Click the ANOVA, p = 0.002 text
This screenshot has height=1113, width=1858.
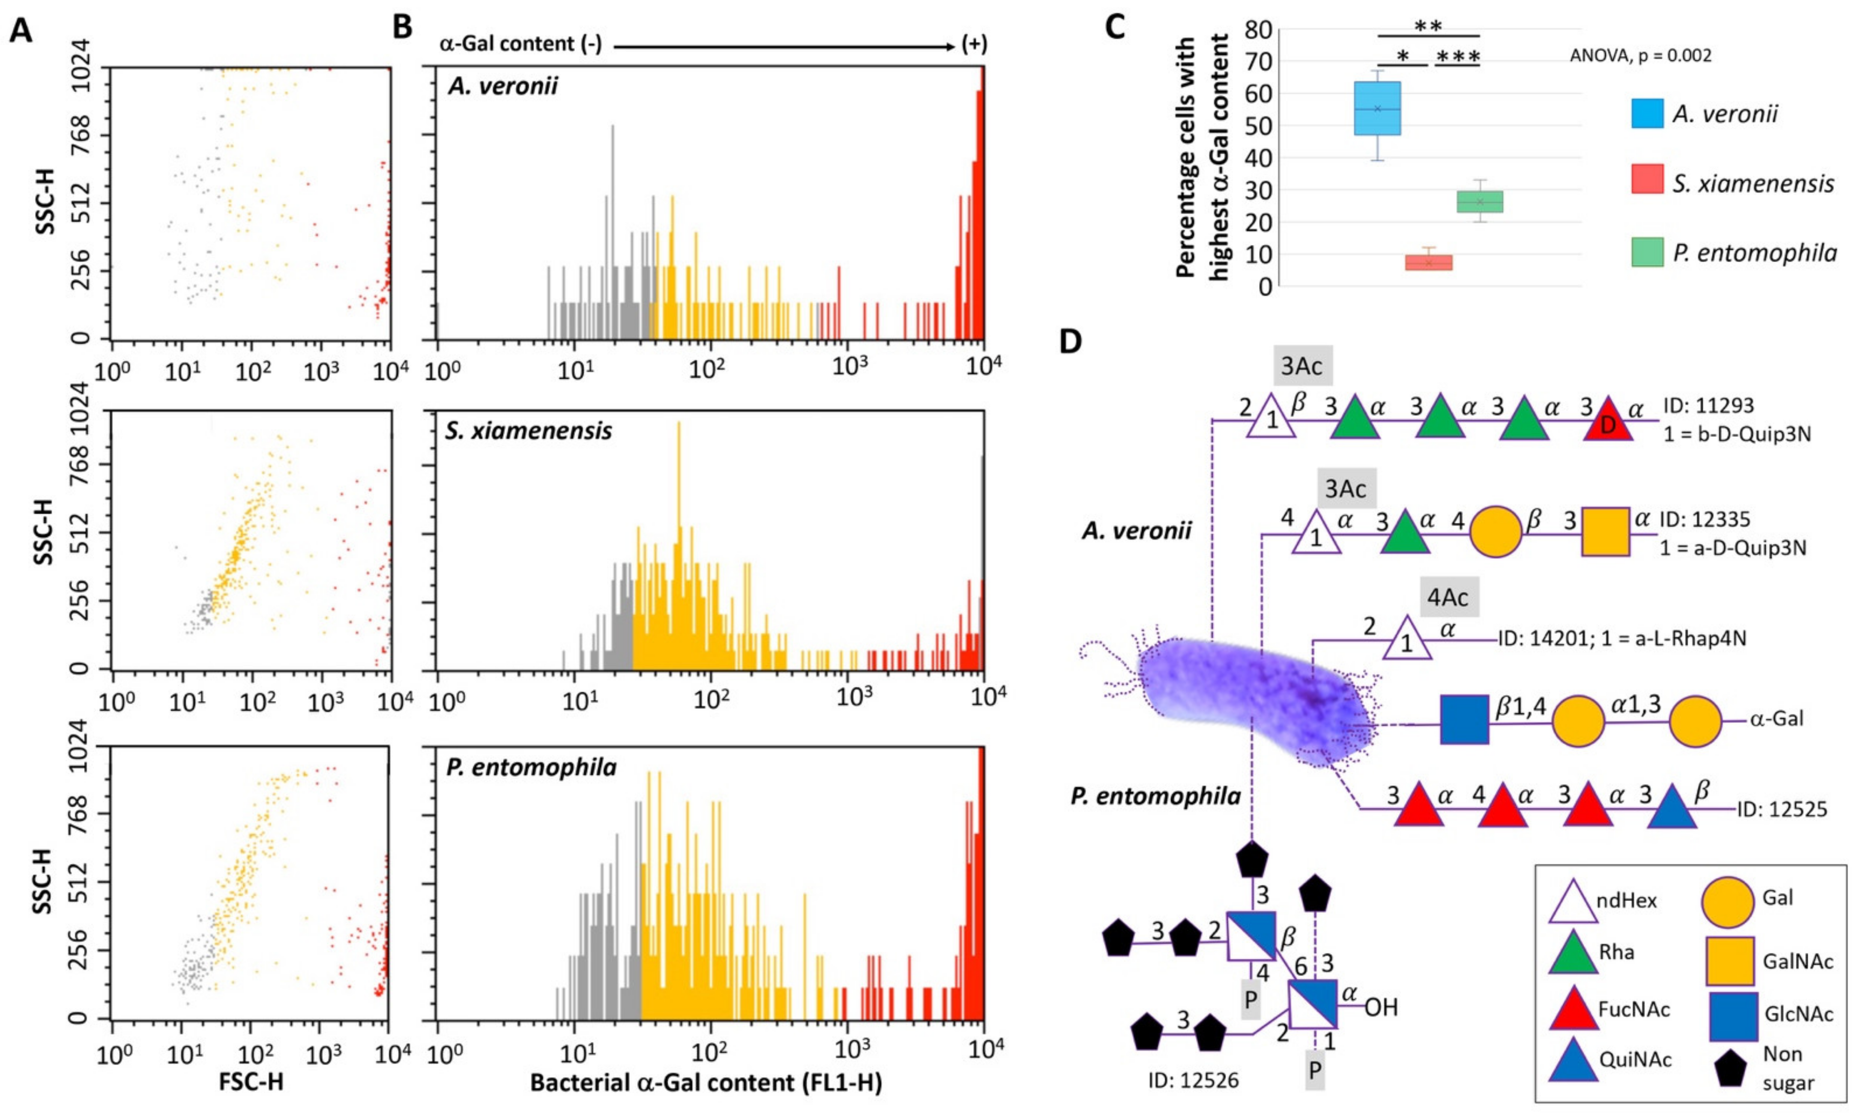point(1640,56)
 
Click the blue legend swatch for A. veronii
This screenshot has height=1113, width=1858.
point(1647,113)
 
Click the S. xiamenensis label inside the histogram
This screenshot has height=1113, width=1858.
point(528,431)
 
